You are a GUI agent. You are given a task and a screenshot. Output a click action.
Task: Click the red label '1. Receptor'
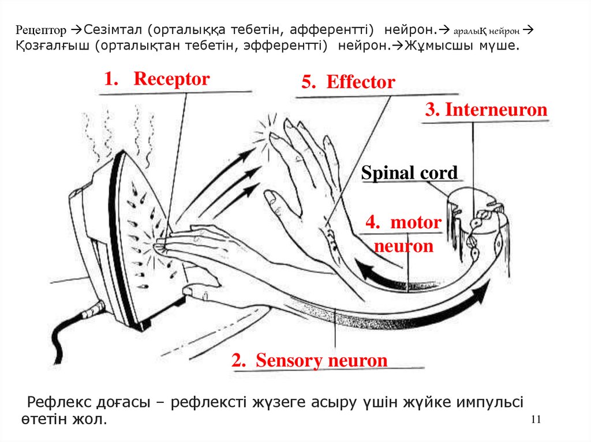157,80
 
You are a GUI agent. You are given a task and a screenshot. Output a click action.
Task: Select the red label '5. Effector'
348,82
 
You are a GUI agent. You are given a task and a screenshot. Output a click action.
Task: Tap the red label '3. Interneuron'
486,109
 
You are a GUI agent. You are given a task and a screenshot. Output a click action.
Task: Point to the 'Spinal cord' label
409,173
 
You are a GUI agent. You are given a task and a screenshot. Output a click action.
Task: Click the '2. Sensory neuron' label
310,361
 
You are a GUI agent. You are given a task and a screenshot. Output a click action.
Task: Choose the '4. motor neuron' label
403,235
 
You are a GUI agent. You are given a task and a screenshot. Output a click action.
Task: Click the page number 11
535,419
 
